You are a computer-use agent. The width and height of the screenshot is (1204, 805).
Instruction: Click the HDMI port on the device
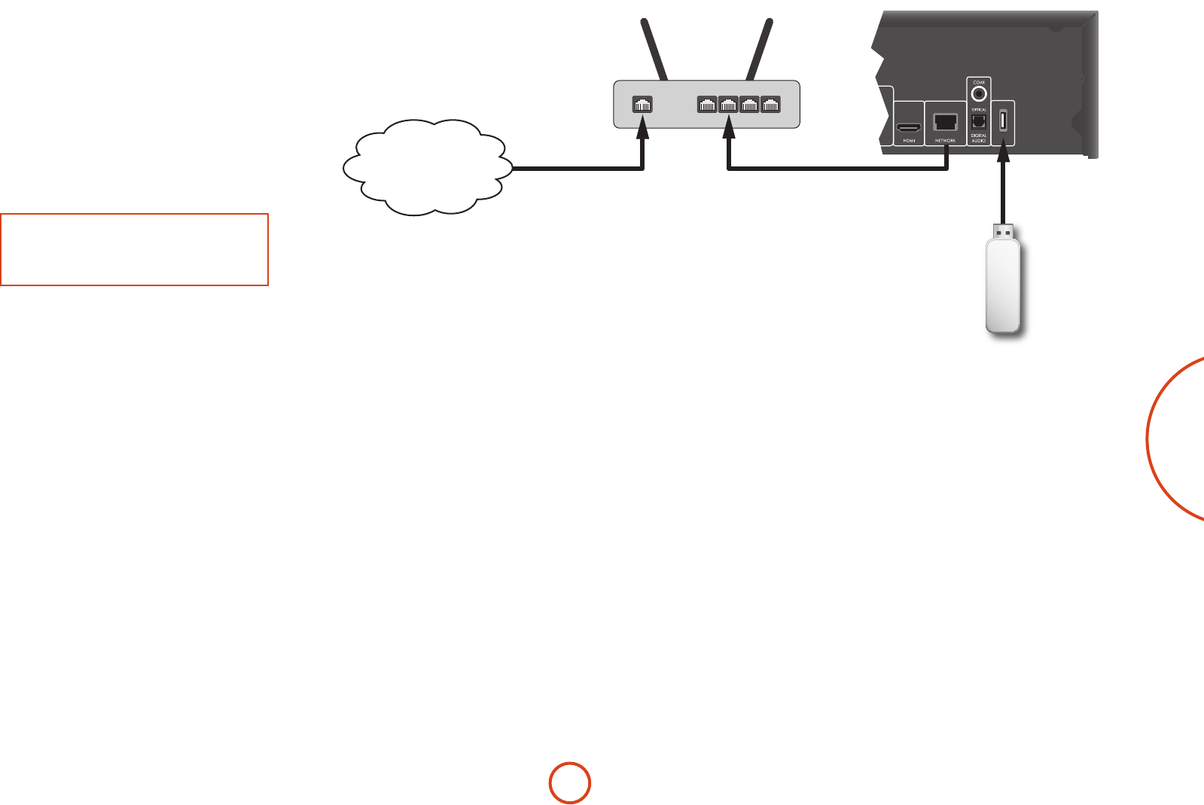[909, 127]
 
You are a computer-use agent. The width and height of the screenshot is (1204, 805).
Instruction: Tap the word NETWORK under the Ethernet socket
[945, 141]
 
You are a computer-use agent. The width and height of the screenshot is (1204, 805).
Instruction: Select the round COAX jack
[979, 94]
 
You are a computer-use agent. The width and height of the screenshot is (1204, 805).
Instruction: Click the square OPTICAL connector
[979, 120]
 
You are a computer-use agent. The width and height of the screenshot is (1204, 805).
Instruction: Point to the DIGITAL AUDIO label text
[979, 138]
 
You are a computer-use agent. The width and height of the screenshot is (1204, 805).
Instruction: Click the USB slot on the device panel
[1003, 120]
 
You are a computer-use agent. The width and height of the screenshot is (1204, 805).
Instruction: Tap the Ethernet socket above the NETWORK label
[945, 122]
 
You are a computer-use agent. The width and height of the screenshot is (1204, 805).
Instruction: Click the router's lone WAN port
[642, 105]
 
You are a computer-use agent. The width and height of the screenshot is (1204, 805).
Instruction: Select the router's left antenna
[653, 49]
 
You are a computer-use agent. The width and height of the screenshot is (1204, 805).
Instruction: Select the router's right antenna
[759, 49]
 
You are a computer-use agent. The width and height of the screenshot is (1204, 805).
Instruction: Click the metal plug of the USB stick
[1003, 231]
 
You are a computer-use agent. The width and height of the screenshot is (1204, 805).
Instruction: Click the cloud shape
[426, 167]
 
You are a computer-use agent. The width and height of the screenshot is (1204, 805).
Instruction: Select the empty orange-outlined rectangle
[134, 249]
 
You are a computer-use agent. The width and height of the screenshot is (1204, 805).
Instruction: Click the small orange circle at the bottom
[569, 783]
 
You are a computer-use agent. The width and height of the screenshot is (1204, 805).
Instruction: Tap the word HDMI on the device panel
[909, 141]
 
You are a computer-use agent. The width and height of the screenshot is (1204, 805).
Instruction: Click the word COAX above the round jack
[979, 82]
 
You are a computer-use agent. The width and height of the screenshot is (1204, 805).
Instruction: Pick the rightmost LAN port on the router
[770, 105]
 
